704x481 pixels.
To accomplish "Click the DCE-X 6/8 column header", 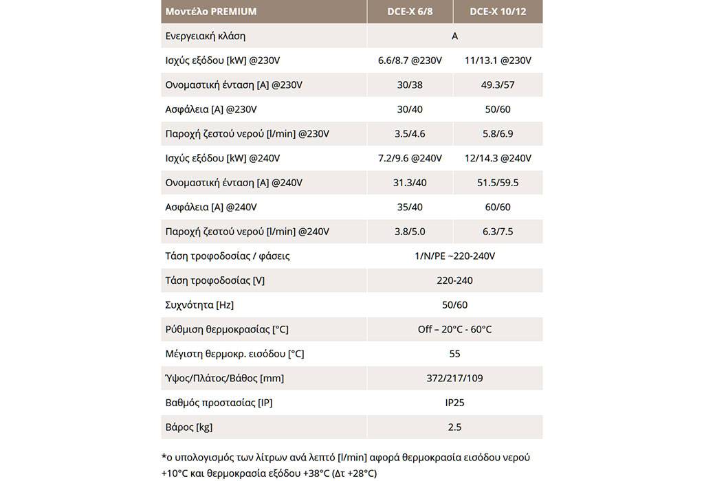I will pos(410,12).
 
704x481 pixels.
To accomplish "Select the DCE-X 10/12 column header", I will pos(498,12).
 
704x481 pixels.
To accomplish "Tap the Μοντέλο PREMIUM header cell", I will pos(211,12).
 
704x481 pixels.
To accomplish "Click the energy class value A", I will pos(454,36).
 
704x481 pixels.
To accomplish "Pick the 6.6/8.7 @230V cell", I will pos(410,60).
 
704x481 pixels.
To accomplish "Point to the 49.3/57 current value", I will pos(498,85).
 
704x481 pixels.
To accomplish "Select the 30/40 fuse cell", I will pos(410,109).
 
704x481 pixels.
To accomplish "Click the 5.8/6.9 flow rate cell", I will pos(498,134).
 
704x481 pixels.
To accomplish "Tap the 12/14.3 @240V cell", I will pos(498,158).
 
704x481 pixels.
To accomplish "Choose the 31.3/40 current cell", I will pos(410,183).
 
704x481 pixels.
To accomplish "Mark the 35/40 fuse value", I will pos(410,207).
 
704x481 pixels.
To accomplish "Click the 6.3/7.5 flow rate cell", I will pos(498,232).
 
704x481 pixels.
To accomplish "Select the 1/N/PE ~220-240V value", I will pos(454,256).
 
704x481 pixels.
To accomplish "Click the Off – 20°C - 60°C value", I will pos(454,329).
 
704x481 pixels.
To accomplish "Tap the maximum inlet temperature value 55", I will pos(454,354).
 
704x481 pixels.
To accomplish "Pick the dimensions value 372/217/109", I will pos(454,378).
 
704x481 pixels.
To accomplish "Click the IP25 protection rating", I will pos(454,403).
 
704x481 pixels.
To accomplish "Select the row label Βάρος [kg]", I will pos(189,427).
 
